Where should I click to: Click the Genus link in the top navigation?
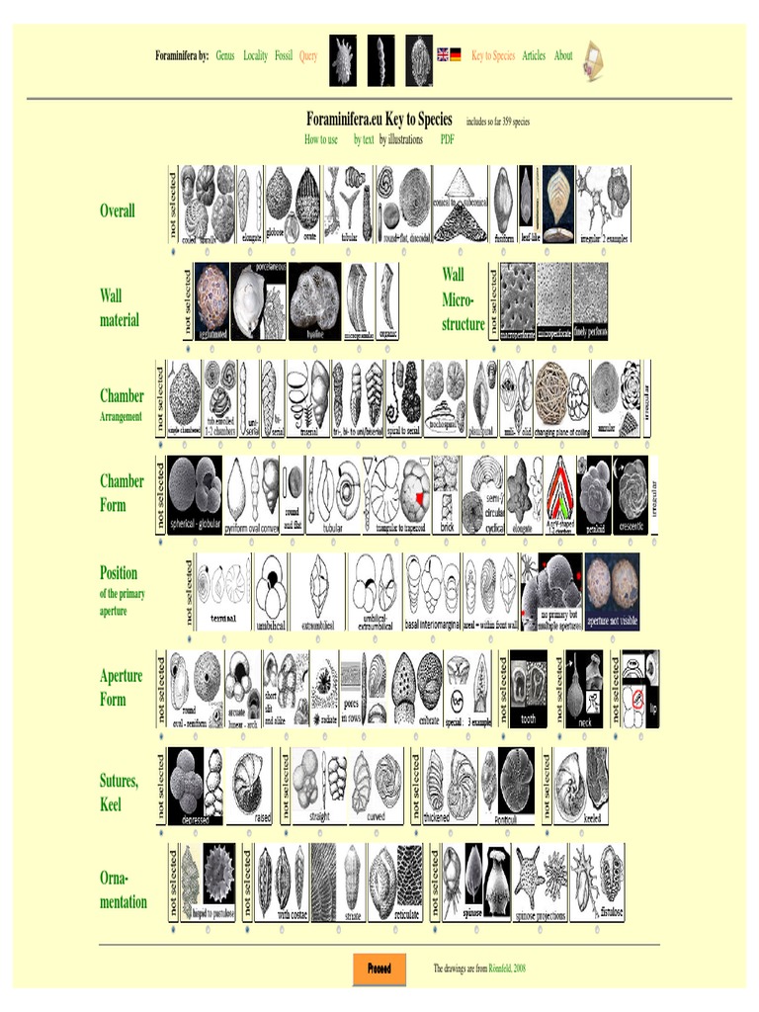[225, 56]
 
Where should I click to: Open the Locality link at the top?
[256, 56]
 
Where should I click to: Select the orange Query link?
[308, 56]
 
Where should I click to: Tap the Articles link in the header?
[534, 56]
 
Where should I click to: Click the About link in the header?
[563, 56]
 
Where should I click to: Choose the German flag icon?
[456, 55]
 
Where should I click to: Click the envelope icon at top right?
[593, 59]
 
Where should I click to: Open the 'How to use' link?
[321, 140]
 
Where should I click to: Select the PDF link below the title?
[448, 140]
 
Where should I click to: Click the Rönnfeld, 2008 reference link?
[503, 969]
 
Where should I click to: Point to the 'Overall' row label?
[118, 211]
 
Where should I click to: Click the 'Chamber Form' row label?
[122, 493]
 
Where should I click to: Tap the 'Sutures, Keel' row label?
[119, 793]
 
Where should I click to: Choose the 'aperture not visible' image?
[612, 592]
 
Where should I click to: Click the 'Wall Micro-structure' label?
[464, 298]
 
